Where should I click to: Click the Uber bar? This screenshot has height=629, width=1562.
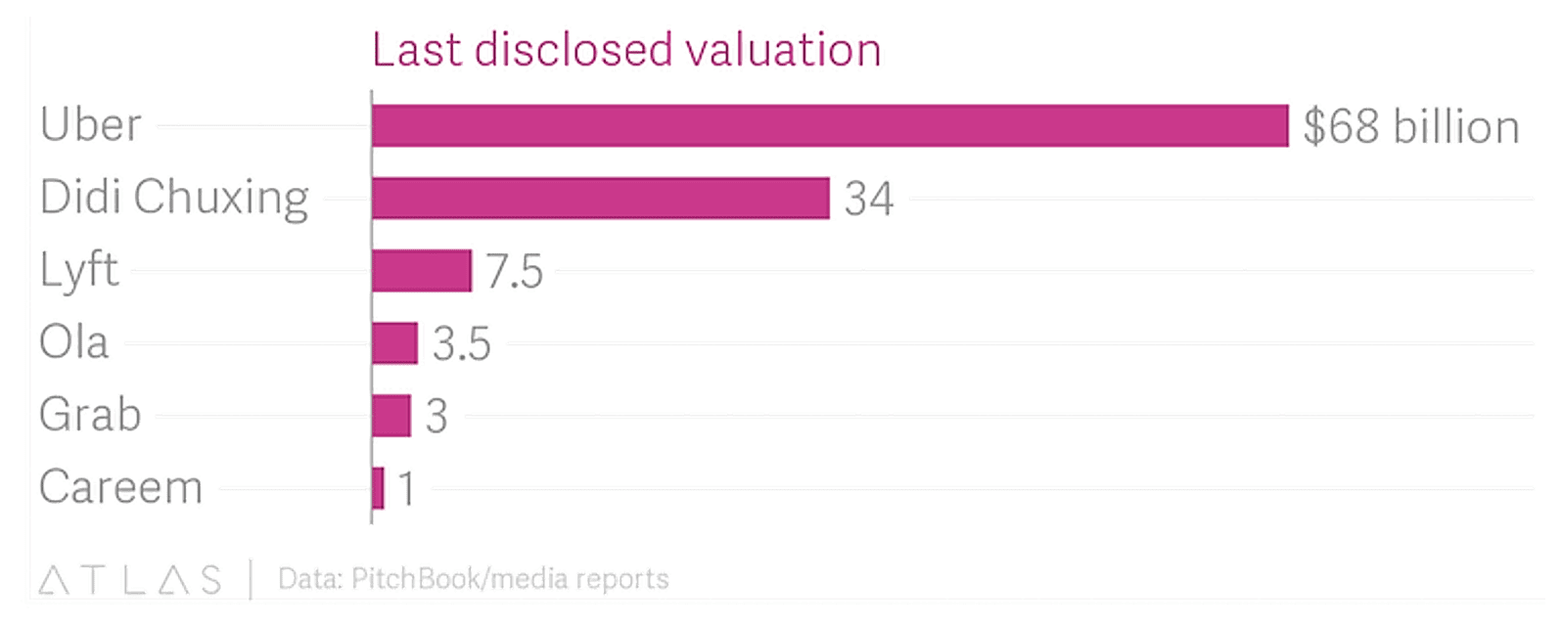[830, 125]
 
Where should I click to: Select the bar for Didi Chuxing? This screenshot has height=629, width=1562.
[600, 198]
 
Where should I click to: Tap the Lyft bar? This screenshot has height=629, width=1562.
[421, 270]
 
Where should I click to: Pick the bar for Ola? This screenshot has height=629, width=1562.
[394, 342]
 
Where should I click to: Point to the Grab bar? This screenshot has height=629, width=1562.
[390, 415]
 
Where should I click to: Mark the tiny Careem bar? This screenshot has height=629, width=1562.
[378, 487]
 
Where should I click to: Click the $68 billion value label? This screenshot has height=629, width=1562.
[1410, 127]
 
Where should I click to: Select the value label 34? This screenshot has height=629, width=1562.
[869, 200]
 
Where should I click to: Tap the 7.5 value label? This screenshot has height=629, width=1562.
[514, 272]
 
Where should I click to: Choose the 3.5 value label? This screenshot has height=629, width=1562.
[461, 344]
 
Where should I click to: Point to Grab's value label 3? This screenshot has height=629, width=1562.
[436, 417]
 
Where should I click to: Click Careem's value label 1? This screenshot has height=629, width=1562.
[406, 489]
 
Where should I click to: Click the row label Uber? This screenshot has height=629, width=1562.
[91, 125]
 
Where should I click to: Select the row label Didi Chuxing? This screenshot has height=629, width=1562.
[174, 198]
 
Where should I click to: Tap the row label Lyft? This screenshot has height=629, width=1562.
[79, 270]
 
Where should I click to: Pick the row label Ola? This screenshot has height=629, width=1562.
[73, 342]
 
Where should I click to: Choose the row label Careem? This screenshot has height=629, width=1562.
[120, 487]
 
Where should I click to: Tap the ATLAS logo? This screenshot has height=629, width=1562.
[130, 579]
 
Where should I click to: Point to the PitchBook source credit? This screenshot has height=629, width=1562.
[473, 579]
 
